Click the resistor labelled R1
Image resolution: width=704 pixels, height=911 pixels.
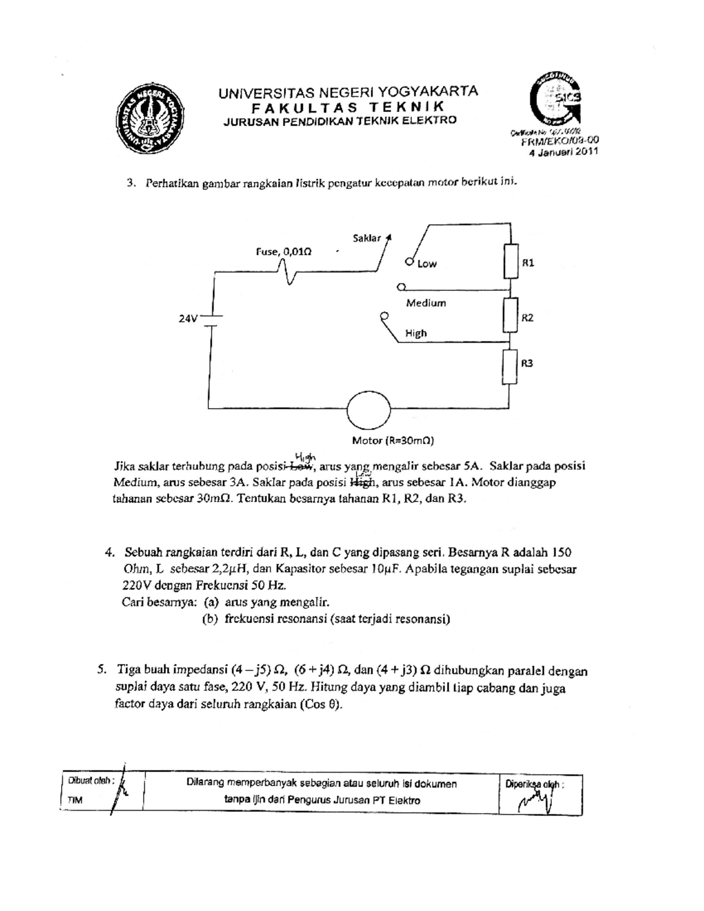click(x=511, y=262)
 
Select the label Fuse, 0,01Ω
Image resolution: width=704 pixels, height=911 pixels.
click(x=283, y=251)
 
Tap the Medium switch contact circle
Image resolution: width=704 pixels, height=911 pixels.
click(x=401, y=287)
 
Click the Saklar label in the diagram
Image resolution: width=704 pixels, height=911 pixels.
click(x=367, y=238)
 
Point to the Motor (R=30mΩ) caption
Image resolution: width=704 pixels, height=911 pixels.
click(x=392, y=440)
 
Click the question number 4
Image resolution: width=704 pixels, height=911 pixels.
click(x=109, y=553)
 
